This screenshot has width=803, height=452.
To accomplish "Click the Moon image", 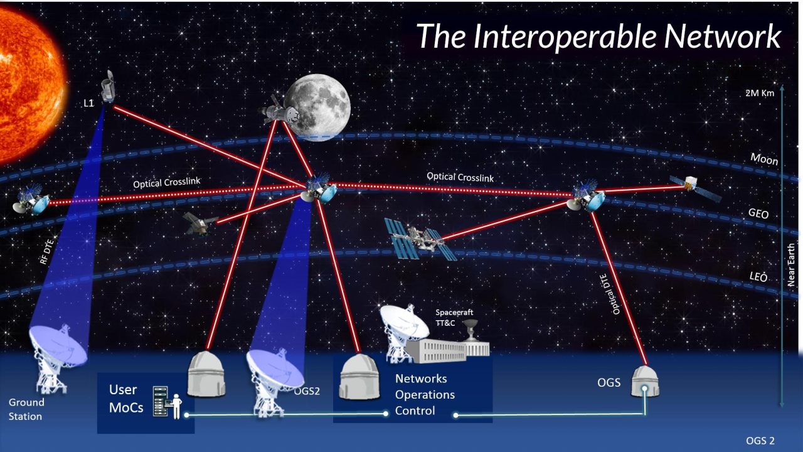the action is pos(317,107).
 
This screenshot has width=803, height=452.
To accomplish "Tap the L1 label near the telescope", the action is pos(88,104).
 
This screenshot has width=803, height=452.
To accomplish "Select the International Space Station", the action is pos(420,239).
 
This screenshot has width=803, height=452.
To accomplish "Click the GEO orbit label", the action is pos(758,213).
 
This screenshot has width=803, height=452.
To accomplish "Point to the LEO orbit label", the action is pos(758,277).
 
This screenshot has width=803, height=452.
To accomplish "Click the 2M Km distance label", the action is pos(760,94).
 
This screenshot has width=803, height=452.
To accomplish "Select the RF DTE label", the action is pos(47,252).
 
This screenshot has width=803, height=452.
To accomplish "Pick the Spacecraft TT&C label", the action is pos(454,318).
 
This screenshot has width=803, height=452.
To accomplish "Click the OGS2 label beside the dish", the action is pos(307,391).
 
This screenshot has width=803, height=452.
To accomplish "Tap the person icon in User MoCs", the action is pos(176,406).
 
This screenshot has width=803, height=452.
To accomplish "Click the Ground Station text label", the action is pos(26,409).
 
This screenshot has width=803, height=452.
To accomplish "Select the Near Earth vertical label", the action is pos(791,265).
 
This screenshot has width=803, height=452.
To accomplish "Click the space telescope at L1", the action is pos(108,86).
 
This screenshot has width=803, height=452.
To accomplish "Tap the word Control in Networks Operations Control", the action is pos(415,411).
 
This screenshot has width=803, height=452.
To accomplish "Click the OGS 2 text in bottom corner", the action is pos(760,441).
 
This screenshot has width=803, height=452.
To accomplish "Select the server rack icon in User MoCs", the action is pos(160,401).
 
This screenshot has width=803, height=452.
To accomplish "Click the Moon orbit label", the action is pos(764,159).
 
